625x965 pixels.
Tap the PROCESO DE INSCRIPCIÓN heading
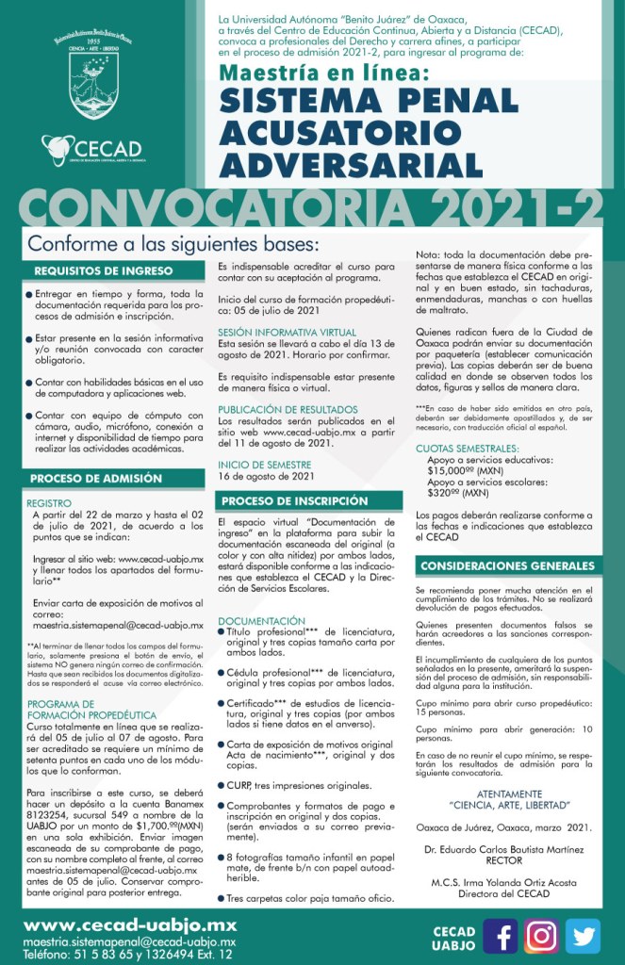tap(295, 500)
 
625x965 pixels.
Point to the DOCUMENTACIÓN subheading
tap(261, 621)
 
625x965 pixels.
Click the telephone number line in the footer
tap(127, 954)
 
